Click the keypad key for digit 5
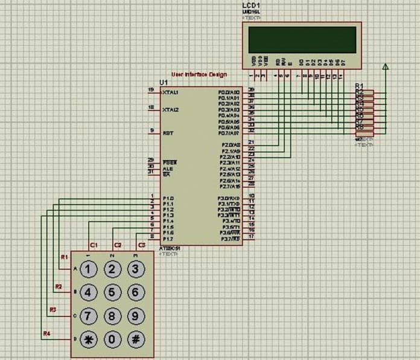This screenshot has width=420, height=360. (x=112, y=292)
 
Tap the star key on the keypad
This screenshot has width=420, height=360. (x=89, y=339)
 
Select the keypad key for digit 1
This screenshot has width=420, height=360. (x=89, y=269)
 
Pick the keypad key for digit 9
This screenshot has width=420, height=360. (x=136, y=316)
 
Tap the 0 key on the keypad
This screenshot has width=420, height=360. (x=112, y=339)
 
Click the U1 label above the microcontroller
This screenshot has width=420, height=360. (x=163, y=82)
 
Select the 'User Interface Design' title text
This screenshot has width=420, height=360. (x=199, y=74)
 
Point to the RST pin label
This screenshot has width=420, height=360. (x=168, y=132)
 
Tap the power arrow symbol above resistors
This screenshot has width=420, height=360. (x=385, y=66)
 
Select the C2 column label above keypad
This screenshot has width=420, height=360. (x=118, y=245)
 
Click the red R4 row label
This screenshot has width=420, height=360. (x=46, y=333)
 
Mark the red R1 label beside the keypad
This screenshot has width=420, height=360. (x=64, y=257)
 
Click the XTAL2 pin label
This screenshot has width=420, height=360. (x=170, y=109)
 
